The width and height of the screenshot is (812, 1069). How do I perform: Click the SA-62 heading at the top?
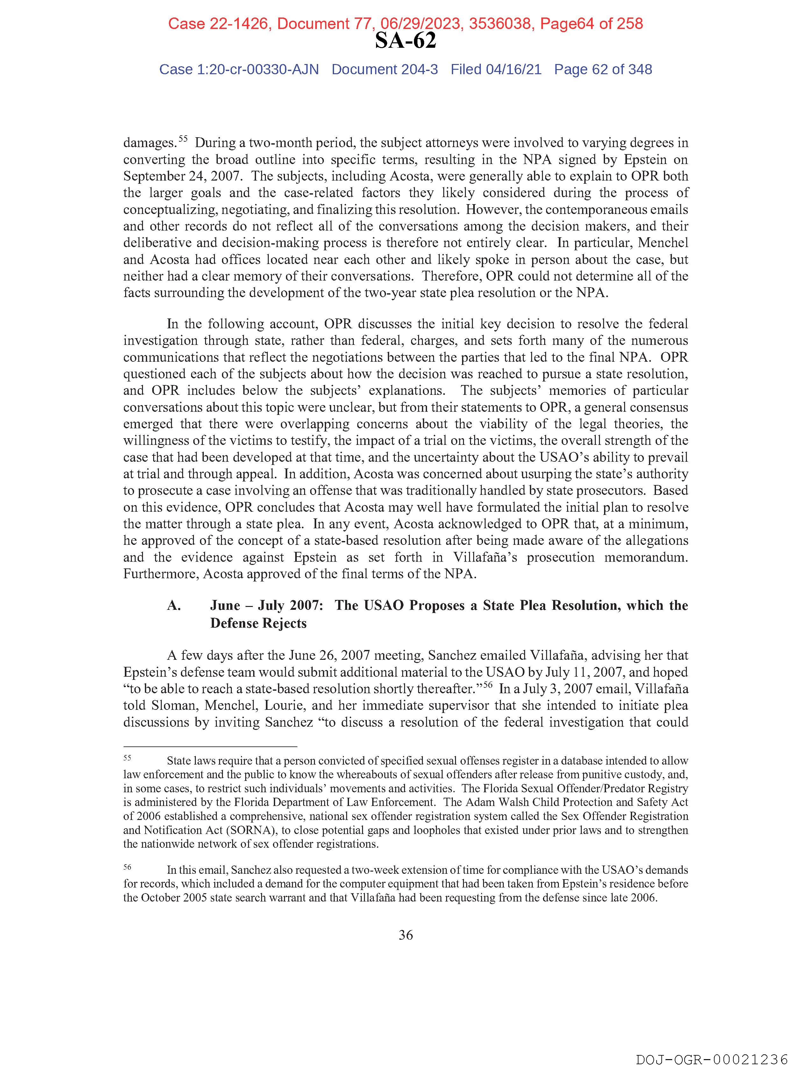[405, 41]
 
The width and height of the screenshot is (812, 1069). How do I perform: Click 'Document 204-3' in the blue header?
[384, 70]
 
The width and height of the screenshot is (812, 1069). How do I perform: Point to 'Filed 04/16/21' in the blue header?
[496, 70]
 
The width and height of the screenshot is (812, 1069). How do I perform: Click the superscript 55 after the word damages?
[183, 139]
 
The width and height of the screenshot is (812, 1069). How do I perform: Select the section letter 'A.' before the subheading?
[174, 606]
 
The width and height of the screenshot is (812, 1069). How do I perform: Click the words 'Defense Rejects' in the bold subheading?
[258, 624]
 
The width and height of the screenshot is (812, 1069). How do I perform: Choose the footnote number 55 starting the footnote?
[127, 758]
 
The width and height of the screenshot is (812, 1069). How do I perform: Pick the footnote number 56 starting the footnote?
[127, 866]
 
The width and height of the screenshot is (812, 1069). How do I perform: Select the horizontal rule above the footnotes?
[210, 746]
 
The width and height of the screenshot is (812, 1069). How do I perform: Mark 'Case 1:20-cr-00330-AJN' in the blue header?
[239, 70]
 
